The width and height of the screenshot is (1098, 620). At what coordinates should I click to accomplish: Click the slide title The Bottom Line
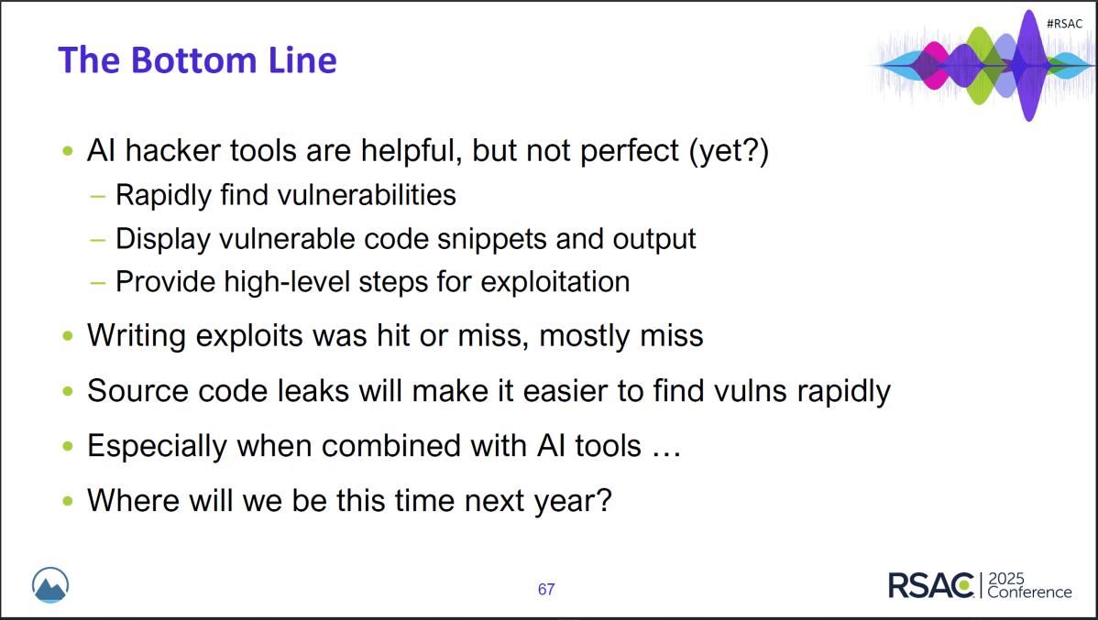pyautogui.click(x=197, y=60)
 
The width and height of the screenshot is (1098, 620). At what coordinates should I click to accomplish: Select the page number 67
pyautogui.click(x=546, y=590)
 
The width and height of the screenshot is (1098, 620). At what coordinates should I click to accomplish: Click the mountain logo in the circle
pyautogui.click(x=50, y=586)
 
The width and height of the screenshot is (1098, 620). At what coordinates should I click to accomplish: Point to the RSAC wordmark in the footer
pyautogui.click(x=931, y=585)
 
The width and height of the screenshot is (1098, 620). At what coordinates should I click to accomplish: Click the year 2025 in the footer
pyautogui.click(x=1007, y=579)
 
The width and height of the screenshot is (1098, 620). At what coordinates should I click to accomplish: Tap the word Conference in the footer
pyautogui.click(x=1029, y=593)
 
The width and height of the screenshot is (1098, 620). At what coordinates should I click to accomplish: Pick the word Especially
pyautogui.click(x=157, y=446)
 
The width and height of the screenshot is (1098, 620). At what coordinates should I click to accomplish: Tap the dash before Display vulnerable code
pyautogui.click(x=97, y=239)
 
